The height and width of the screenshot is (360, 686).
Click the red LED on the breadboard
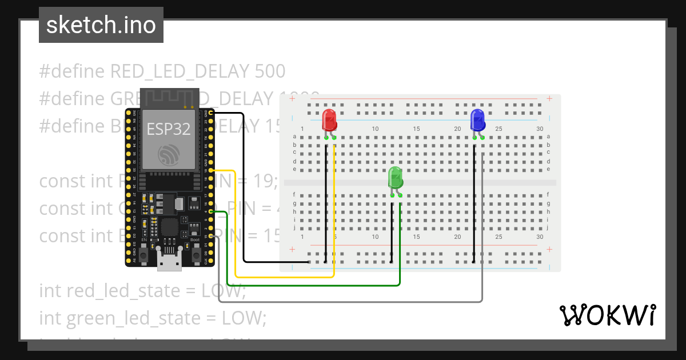coord(329,121)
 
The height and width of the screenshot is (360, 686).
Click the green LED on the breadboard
coord(396,178)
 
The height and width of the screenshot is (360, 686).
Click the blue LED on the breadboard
coord(477,120)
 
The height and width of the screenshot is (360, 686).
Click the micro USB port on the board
coord(170,262)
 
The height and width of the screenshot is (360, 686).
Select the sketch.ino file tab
coord(101,25)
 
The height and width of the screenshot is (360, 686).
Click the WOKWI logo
coord(607,315)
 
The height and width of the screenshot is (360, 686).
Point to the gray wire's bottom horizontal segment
coord(343,301)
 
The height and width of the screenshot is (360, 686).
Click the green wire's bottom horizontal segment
coord(314,285)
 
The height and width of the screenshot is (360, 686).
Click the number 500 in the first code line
coord(269,71)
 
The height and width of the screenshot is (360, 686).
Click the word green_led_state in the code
coord(132,318)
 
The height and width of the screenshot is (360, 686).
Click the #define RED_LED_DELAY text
coord(143,71)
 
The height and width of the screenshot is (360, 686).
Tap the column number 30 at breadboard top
coord(540,129)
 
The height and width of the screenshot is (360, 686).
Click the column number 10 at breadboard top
coord(375,129)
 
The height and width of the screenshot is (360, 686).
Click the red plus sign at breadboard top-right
coord(549,98)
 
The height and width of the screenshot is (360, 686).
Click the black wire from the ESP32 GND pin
coord(244,189)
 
